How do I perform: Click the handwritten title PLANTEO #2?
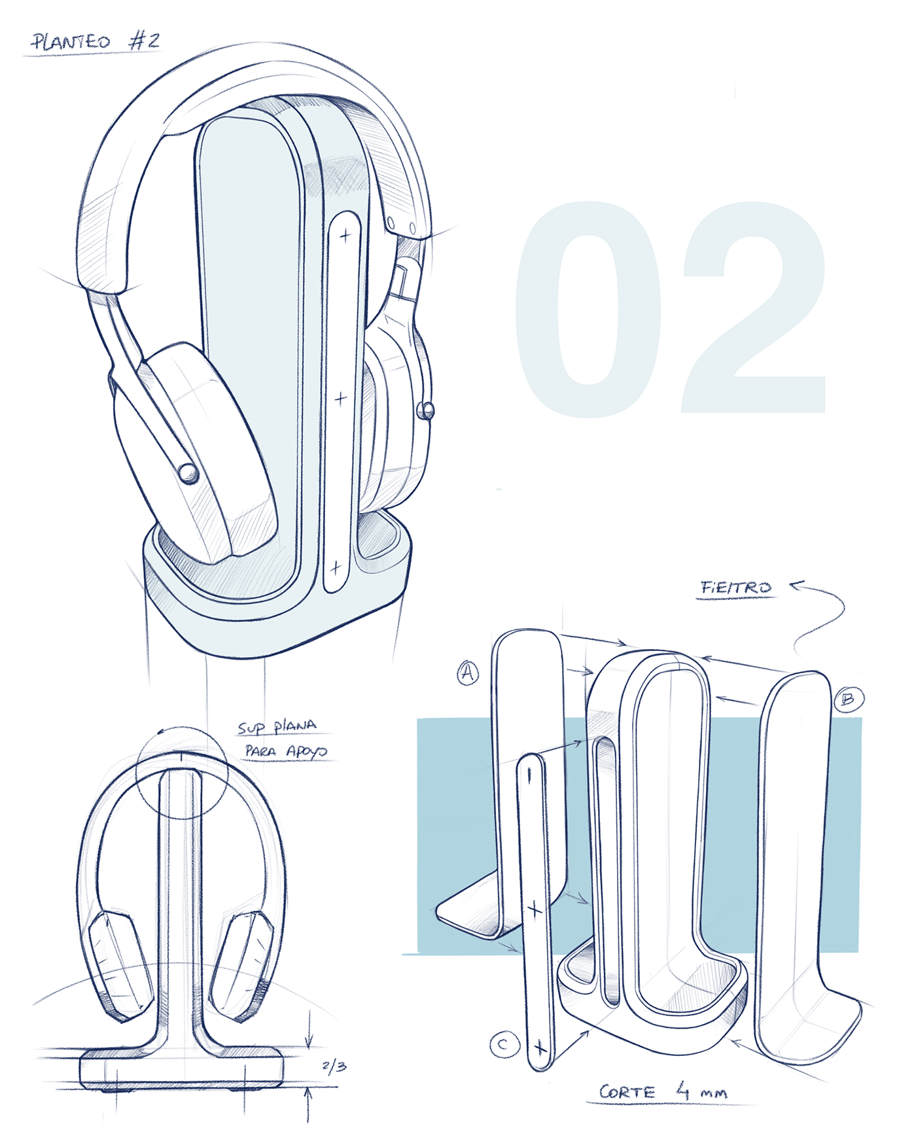coord(96,43)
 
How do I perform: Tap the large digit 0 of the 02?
coord(588,309)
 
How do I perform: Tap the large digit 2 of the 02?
coord(752,309)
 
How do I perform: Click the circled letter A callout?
coord(467,672)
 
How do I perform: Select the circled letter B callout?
coord(848,699)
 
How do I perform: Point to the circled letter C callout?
coord(504,1044)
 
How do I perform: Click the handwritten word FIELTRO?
coord(736,588)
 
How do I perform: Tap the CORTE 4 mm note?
coord(663,1091)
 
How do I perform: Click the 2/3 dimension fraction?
coord(334,1067)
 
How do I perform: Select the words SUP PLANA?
coord(277,727)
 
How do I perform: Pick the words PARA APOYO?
coord(286,751)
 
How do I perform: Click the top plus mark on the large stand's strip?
coord(345,236)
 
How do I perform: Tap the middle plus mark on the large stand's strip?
coord(340,398)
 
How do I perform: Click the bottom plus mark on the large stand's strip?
coord(336,567)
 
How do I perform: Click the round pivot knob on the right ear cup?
coord(425,410)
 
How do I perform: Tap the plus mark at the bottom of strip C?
coord(540,1048)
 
